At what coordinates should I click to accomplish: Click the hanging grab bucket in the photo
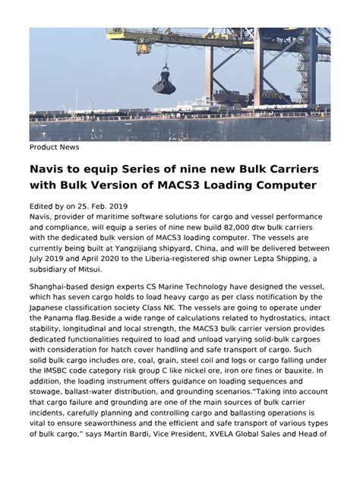coord(163,80)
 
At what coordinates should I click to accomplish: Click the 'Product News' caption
coord(55,147)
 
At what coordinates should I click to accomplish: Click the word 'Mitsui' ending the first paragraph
coord(111,270)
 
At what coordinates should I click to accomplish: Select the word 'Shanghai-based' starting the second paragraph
coord(62,289)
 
